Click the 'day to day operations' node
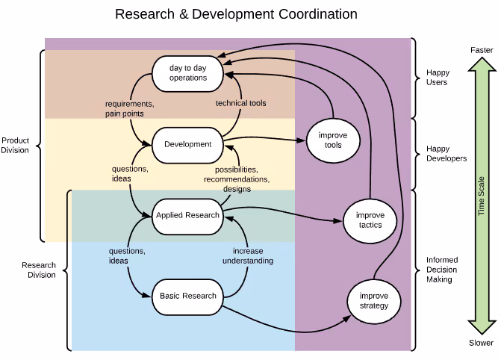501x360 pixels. [188, 73]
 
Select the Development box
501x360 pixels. [188, 144]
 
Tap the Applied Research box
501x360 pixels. [188, 215]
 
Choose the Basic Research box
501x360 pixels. [188, 296]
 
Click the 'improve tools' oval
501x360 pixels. [333, 140]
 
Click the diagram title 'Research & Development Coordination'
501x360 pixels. [236, 14]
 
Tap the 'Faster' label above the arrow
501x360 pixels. [481, 49]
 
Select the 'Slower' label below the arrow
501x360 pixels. [481, 343]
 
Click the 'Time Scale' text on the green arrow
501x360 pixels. [482, 196]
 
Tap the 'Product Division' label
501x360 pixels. [16, 145]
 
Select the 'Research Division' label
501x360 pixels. [39, 270]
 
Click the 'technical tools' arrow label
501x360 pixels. [240, 103]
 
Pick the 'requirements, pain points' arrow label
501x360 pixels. [129, 108]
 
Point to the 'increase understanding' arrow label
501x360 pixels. [247, 256]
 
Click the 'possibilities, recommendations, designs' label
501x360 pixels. [236, 179]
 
